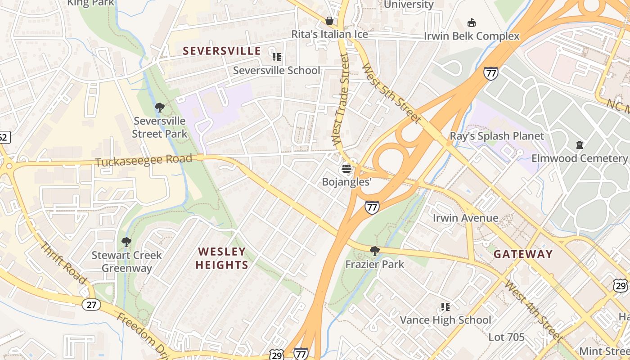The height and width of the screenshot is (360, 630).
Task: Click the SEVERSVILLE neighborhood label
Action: [x=222, y=51]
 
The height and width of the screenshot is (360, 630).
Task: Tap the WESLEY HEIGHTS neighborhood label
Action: [x=222, y=258]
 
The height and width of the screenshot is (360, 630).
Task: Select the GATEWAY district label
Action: [x=522, y=254]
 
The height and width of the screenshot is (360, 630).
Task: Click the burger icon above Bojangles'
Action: [x=346, y=169]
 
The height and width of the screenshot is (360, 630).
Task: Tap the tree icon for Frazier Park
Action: [x=374, y=251]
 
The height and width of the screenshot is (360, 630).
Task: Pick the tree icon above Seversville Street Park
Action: [x=159, y=108]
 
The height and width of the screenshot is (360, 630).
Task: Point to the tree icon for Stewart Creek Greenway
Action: [x=126, y=242]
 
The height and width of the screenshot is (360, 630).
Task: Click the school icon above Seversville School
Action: [x=276, y=57]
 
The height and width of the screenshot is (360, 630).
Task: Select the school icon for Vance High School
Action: [x=445, y=307]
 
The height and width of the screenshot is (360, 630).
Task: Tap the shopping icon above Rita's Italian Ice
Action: [x=329, y=21]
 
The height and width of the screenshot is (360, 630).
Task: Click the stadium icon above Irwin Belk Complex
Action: [x=471, y=22]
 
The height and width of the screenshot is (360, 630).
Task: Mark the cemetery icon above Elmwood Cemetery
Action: [x=579, y=145]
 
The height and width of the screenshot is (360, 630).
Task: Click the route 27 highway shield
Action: [x=91, y=305]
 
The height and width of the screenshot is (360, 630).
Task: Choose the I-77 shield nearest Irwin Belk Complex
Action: [x=491, y=73]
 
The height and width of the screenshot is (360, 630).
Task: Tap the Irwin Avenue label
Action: [x=465, y=218]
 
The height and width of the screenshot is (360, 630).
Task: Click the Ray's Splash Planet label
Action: [x=497, y=136]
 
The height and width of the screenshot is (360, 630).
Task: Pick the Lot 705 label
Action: [x=506, y=337]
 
